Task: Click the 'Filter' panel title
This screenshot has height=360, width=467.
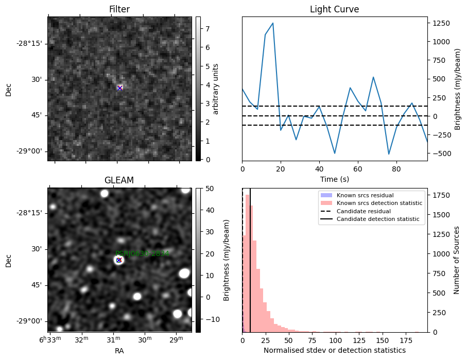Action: pos(119,9)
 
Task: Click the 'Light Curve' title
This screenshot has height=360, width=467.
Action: pos(334,9)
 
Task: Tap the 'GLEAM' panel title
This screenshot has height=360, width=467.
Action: pos(119,180)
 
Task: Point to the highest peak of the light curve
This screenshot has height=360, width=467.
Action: pos(273,23)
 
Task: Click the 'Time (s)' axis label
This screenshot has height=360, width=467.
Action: pos(334,178)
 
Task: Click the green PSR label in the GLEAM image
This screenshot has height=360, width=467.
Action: pos(142,254)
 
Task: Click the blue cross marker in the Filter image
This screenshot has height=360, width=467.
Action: pos(119,88)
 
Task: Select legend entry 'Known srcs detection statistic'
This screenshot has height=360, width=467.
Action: pos(379,203)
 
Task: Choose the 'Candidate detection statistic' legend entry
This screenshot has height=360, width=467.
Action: pos(377,219)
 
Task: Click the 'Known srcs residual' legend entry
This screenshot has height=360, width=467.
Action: pos(365,195)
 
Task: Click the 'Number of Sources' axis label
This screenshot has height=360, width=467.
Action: pos(457,260)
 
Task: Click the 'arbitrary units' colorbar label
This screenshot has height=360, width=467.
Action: pos(216,89)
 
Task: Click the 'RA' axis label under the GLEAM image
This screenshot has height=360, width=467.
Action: pos(119,351)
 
